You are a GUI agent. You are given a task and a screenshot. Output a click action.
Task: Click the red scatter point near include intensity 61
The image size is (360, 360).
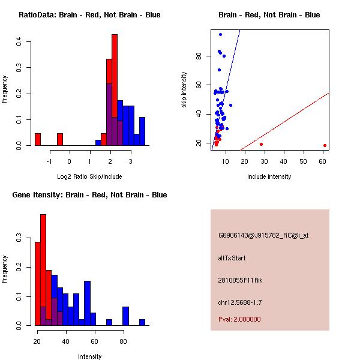click(x=325, y=145)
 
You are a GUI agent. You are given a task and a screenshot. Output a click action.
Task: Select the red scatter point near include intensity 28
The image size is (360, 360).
click(x=261, y=144)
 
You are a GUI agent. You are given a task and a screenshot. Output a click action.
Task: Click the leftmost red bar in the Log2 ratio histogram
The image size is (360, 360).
click(x=38, y=139)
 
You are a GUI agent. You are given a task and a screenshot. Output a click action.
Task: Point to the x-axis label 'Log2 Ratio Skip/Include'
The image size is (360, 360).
click(x=89, y=176)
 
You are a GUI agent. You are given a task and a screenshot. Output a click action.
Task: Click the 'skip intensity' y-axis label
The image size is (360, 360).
click(x=184, y=90)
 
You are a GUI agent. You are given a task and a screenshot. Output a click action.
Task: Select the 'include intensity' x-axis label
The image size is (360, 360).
click(x=269, y=176)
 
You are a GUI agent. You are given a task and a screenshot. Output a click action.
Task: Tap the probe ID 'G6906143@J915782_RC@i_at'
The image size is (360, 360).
click(x=263, y=236)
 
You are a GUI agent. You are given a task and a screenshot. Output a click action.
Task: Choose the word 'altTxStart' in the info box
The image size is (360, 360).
click(x=232, y=258)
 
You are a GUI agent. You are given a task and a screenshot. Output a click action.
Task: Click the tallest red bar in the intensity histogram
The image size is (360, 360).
click(x=43, y=270)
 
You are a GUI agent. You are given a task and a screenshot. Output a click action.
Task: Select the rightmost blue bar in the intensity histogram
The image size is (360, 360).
click(x=142, y=322)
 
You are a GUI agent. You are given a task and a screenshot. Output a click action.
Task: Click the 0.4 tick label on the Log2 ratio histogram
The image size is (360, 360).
click(x=20, y=42)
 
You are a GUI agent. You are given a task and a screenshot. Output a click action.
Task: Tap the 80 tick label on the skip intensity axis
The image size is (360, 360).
click(x=199, y=56)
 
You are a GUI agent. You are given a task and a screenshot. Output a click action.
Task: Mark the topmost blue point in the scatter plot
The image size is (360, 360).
click(x=220, y=34)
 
